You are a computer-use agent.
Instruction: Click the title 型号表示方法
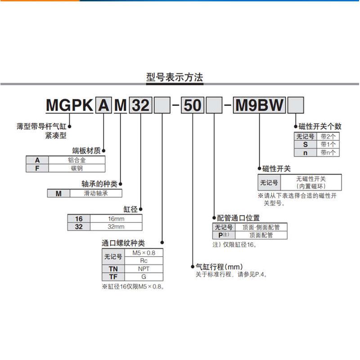175,77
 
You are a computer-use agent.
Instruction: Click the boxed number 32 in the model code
140,106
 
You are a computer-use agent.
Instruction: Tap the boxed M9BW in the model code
261,106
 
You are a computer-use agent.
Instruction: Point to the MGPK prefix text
70,106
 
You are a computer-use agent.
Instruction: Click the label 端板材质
87,151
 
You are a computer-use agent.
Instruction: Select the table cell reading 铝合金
77,160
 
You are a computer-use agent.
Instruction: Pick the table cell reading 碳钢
77,168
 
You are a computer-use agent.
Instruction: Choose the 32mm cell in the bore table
116,227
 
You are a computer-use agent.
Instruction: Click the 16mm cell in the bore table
116,219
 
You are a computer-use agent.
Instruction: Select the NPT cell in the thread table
144,269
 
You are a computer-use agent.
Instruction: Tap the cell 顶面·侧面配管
261,227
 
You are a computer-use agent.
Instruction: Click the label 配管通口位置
238,218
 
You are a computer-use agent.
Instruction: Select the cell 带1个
328,144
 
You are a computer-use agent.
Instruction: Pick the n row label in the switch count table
305,153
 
